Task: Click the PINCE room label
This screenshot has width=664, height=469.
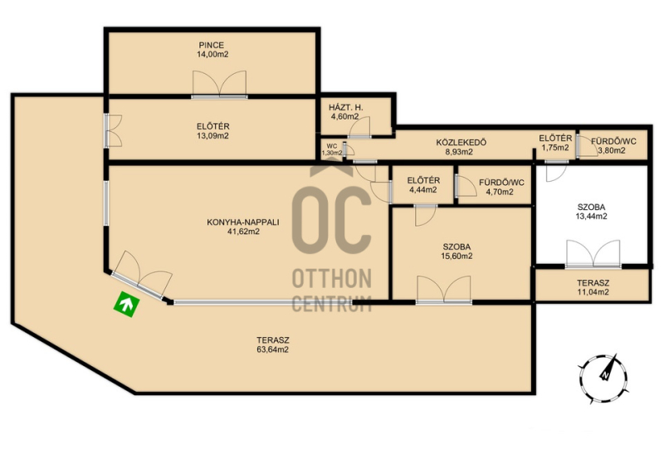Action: (212, 45)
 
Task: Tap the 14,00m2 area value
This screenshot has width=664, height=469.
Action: (212, 54)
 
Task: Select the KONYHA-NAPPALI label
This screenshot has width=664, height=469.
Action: (243, 222)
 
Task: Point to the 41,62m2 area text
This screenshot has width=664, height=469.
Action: (243, 232)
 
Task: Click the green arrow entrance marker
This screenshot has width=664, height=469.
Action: (127, 304)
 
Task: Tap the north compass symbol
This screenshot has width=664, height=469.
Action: (604, 378)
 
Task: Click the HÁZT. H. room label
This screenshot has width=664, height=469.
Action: (346, 107)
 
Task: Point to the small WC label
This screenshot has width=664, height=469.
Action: (332, 146)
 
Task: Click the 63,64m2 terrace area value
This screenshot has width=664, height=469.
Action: (273, 349)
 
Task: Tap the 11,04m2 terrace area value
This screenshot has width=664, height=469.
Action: (593, 292)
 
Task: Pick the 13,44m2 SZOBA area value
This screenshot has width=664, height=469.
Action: (591, 216)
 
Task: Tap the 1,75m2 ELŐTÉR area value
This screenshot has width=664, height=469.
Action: (555, 148)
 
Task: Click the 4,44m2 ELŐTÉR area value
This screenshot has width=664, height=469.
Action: (423, 190)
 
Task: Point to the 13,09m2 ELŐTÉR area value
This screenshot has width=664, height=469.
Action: (212, 135)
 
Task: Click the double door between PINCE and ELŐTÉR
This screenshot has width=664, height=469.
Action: (219, 85)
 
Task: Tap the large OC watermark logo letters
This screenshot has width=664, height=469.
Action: (331, 220)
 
